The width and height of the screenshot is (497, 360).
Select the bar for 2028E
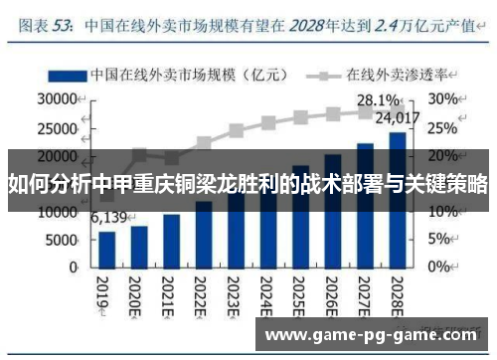(397, 199)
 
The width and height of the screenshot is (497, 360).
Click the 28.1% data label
(379, 100)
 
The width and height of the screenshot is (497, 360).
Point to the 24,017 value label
(397, 117)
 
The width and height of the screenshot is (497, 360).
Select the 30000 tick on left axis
(57, 99)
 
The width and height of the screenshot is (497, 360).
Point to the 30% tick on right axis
(443, 99)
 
